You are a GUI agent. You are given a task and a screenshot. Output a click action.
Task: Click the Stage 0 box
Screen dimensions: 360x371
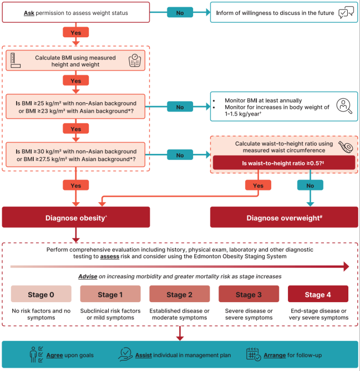tap(41, 294)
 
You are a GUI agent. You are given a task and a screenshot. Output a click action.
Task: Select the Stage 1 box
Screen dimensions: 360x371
tap(110, 294)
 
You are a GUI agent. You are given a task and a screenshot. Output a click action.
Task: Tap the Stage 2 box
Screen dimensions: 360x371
tap(180, 294)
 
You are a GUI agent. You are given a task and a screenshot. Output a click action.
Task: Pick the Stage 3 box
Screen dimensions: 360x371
tap(249, 294)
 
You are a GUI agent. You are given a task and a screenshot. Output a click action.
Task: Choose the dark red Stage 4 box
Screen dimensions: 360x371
tap(318, 294)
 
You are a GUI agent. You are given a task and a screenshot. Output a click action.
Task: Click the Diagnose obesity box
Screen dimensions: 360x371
tap(76, 217)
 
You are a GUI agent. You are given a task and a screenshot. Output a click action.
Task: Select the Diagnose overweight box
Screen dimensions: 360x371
tap(284, 217)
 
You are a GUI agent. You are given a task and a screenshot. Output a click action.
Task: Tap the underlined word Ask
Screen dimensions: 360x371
tap(29, 13)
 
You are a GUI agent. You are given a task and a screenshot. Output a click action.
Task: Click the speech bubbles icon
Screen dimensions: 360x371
tap(346, 12)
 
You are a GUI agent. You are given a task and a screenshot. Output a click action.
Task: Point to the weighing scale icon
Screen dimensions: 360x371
tap(135, 61)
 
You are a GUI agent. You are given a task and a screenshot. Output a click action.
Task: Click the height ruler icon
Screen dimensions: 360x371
tap(16, 61)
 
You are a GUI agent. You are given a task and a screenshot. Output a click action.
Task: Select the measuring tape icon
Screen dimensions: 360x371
tap(346, 147)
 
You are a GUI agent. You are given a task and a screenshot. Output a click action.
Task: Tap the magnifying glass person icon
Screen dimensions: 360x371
tap(344, 106)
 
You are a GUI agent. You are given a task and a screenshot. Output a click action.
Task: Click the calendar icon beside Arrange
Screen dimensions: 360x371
tap(253, 354)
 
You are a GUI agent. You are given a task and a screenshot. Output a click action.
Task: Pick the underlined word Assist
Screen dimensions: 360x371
tap(144, 355)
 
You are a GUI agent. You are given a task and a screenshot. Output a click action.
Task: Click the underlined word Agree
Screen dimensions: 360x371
tap(54, 355)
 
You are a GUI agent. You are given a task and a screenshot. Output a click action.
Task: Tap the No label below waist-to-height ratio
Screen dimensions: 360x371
tap(310, 185)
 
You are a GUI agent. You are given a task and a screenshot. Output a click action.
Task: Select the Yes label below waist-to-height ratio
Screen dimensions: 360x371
tap(258, 185)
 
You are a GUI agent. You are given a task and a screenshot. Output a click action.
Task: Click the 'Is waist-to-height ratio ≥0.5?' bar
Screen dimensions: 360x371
tap(284, 163)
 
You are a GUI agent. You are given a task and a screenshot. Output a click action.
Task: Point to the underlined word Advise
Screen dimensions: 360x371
tap(88, 277)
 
